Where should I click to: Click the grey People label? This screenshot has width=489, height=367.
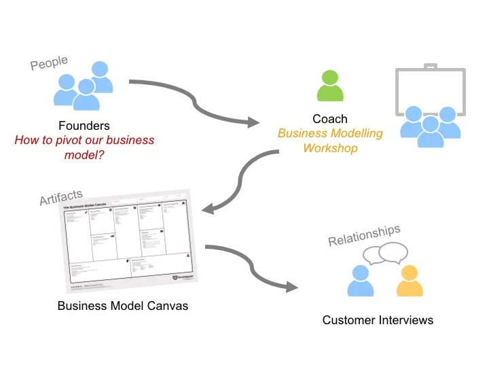click(x=49, y=63)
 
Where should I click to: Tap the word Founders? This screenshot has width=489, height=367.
click(x=84, y=126)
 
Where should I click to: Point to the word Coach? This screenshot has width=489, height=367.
click(x=330, y=119)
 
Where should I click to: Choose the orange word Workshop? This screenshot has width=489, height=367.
click(x=330, y=147)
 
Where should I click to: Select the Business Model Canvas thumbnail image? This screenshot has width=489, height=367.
click(x=126, y=242)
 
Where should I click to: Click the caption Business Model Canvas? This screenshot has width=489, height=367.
click(x=123, y=306)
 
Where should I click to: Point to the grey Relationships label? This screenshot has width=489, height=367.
click(x=364, y=235)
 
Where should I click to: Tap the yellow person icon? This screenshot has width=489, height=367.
click(x=409, y=281)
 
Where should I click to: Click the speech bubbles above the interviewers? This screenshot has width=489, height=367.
click(x=385, y=254)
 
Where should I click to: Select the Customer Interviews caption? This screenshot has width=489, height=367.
click(x=378, y=320)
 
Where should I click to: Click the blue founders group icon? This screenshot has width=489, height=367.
click(x=84, y=86)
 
